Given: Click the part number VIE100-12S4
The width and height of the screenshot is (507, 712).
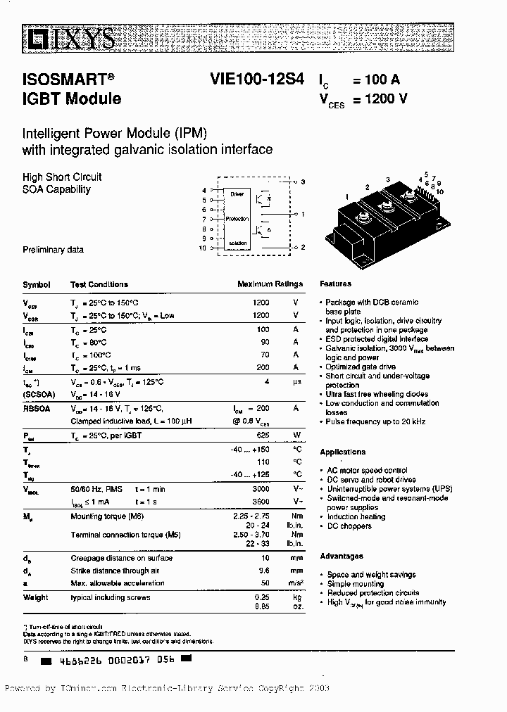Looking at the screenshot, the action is point(256,80).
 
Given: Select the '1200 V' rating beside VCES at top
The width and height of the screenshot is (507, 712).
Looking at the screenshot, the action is point(384,99).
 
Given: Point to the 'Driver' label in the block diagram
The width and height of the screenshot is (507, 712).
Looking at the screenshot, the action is point(236,193).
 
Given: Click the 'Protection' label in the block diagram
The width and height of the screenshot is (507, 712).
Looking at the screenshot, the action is point(237,220).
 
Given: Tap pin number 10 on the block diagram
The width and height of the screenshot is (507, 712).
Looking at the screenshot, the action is point(202,248).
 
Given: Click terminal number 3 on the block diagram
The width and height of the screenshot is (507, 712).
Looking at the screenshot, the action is point(302,183).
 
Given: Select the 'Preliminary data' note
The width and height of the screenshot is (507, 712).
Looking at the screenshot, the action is point(54,250).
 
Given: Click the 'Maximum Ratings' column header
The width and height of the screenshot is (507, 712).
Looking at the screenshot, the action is point(270,284).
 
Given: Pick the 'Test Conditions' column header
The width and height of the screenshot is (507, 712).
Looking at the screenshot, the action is point(99,284).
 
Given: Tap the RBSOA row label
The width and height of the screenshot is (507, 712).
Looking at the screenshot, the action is point(36,408).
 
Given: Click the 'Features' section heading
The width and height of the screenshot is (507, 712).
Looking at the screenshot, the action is point(335,284).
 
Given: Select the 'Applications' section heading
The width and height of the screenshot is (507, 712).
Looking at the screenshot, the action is point(343,452).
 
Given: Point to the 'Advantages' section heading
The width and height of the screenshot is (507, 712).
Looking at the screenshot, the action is point(342,556).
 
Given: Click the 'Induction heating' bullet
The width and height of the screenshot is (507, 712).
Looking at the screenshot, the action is point(356,516).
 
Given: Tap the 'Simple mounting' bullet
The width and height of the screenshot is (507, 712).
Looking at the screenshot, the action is point(356,584).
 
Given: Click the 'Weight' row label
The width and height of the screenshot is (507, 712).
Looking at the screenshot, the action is point(35,597).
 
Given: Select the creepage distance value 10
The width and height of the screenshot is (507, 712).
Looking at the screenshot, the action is point(265,558).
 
